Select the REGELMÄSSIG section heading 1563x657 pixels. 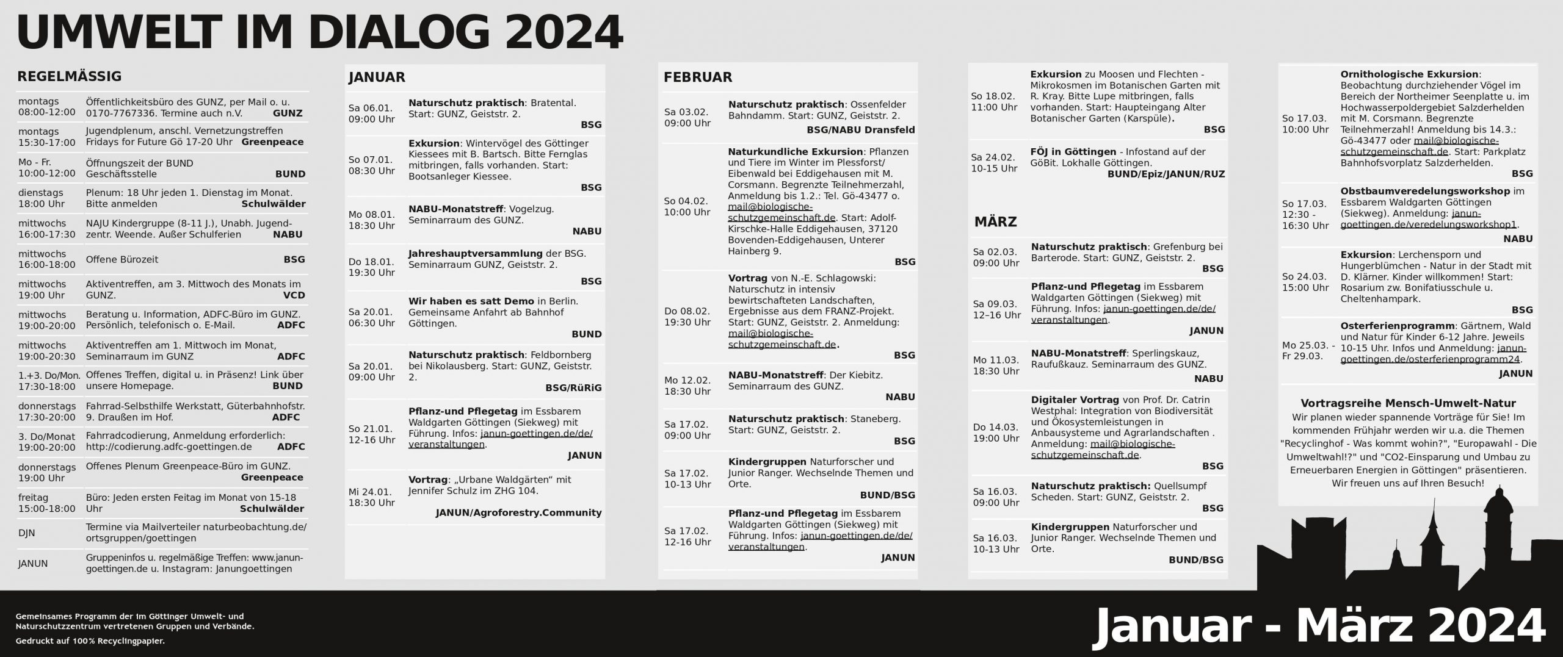pyautogui.click(x=69, y=76)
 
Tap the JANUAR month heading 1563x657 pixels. pyautogui.click(x=377, y=77)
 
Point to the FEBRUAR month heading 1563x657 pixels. pyautogui.click(x=697, y=77)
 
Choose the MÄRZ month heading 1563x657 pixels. pyautogui.click(x=995, y=222)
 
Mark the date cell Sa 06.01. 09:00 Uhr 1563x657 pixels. pyautogui.click(x=371, y=113)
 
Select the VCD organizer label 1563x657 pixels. pyautogui.click(x=294, y=295)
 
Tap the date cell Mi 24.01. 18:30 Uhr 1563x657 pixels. pyautogui.click(x=371, y=497)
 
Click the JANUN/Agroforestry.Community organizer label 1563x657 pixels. pyautogui.click(x=518, y=512)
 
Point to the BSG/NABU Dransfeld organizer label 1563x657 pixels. pyautogui.click(x=860, y=130)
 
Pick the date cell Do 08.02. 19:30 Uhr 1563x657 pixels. pyautogui.click(x=687, y=317)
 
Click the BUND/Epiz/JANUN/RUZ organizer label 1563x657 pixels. pyautogui.click(x=1166, y=174)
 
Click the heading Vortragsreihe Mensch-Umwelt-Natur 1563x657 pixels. pyautogui.click(x=1408, y=403)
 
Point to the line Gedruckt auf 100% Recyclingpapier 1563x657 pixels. pyautogui.click(x=90, y=641)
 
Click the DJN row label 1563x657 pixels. pyautogui.click(x=27, y=533)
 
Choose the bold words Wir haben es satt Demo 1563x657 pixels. pyautogui.click(x=471, y=301)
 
